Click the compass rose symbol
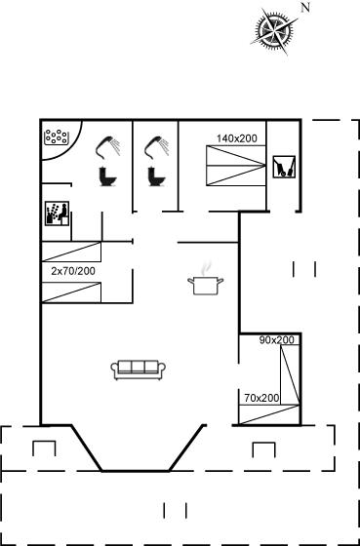click(x=275, y=31)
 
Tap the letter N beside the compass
click(x=305, y=8)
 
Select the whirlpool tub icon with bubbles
click(x=57, y=136)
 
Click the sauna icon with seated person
click(x=57, y=214)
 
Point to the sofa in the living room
click(x=138, y=370)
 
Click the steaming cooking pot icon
click(x=206, y=278)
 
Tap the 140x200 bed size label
click(x=237, y=138)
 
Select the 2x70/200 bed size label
click(x=73, y=271)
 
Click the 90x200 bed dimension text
click(x=277, y=340)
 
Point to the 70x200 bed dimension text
click(x=261, y=398)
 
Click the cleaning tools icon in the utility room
click(x=284, y=167)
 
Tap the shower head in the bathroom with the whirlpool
click(x=107, y=147)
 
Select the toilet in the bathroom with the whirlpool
click(x=107, y=176)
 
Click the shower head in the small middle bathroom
click(x=157, y=147)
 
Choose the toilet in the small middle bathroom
click(x=156, y=176)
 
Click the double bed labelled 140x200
click(x=236, y=166)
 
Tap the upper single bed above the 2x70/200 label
click(x=71, y=252)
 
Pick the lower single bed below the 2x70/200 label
click(x=71, y=292)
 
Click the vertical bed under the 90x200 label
click(x=290, y=375)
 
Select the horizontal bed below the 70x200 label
click(x=269, y=414)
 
